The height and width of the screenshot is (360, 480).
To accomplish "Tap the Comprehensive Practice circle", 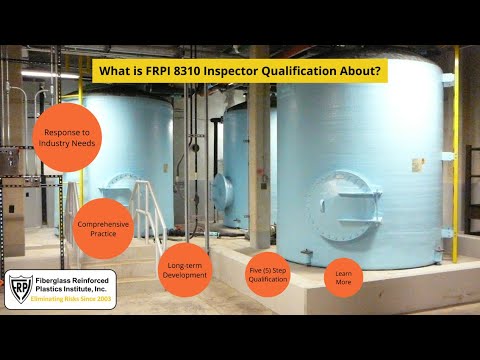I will coord(103,229).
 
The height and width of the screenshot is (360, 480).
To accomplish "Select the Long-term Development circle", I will coord(185,270).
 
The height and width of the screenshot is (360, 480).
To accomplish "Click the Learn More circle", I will coord(343,277).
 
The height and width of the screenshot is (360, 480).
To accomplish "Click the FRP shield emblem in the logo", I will coord(20,288).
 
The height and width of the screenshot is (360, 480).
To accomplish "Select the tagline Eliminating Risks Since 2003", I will coord(74,300).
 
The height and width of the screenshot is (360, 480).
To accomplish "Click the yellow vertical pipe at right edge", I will coord(456,150).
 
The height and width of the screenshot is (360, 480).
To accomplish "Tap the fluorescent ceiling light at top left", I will coord(50,74).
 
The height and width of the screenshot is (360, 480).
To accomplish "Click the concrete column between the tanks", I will coord(259,150).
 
